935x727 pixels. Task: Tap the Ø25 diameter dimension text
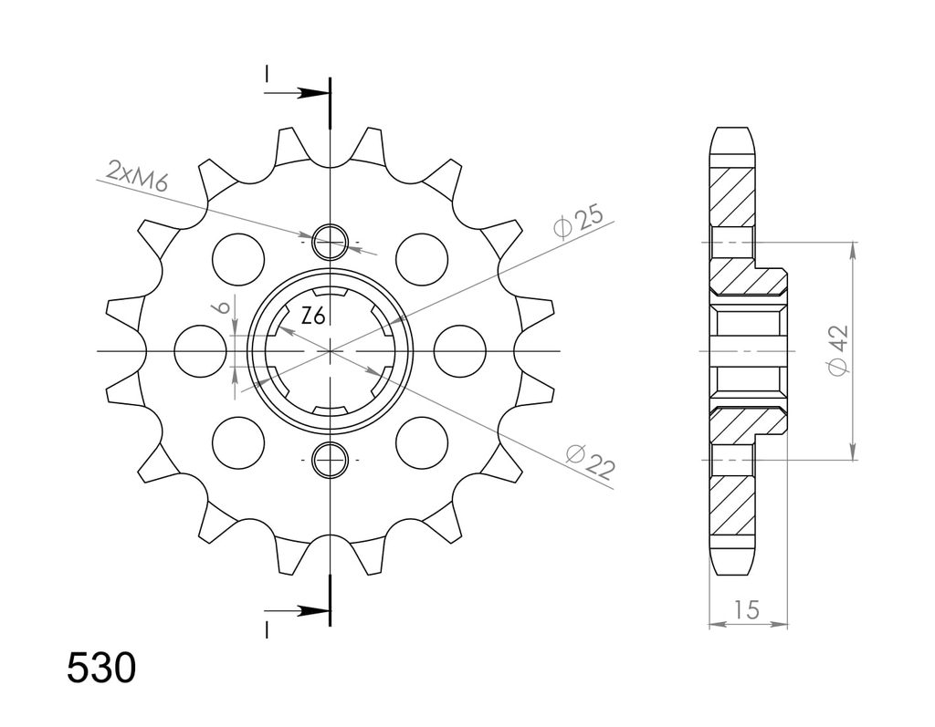pyautogui.click(x=578, y=222)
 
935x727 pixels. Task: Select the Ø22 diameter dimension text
pyautogui.click(x=591, y=462)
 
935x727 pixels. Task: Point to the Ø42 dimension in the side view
pyautogui.click(x=837, y=351)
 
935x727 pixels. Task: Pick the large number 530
pyautogui.click(x=101, y=668)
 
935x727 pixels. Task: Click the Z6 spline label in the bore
pyautogui.click(x=313, y=317)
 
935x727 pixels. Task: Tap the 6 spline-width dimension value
pyautogui.click(x=223, y=307)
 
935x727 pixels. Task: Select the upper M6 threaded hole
pyautogui.click(x=330, y=243)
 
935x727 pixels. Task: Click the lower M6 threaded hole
pyautogui.click(x=330, y=461)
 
